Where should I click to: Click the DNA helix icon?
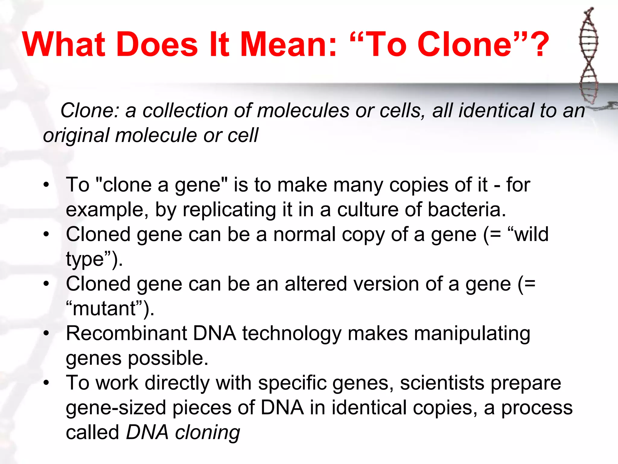[x=588, y=56]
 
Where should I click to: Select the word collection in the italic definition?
[x=185, y=111]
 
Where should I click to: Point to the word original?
[x=76, y=135]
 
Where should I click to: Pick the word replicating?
[x=229, y=210]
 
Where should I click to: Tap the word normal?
[x=304, y=234]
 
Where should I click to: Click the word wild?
[x=531, y=234]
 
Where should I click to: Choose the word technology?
[x=291, y=334]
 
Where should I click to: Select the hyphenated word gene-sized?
[x=116, y=408]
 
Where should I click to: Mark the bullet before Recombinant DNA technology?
[x=46, y=333]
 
